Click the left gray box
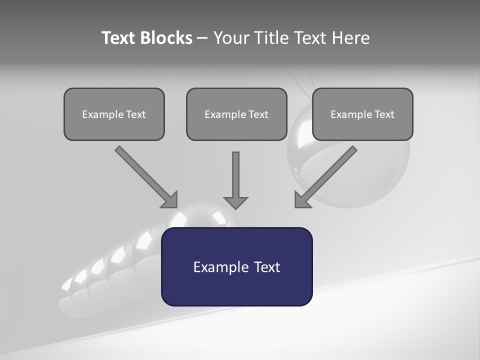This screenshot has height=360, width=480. click(114, 114)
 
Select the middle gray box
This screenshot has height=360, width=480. click(236, 114)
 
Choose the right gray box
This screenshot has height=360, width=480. click(362, 114)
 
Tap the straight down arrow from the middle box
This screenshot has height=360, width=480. click(235, 175)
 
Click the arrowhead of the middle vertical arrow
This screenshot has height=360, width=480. click(235, 202)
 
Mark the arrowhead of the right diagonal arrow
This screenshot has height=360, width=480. click(301, 200)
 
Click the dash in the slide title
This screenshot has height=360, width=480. click(202, 38)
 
